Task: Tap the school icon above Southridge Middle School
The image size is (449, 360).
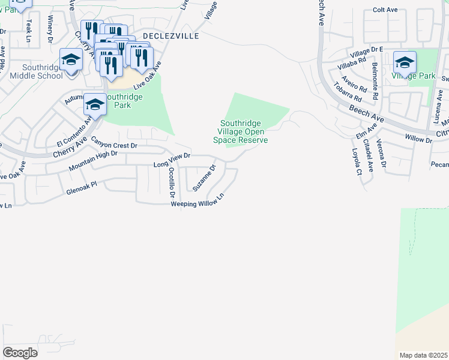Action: [71, 60]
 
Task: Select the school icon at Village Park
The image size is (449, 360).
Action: [405, 62]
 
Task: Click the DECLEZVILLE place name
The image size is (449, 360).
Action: [170, 36]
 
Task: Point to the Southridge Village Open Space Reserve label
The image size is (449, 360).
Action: [241, 131]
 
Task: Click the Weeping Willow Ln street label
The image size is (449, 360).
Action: [197, 200]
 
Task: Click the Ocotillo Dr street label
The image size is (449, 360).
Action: [172, 182]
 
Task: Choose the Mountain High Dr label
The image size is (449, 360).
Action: [92, 160]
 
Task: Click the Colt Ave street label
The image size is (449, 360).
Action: [385, 10]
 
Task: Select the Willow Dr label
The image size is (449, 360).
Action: [418, 139]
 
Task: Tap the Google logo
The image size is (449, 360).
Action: [20, 352]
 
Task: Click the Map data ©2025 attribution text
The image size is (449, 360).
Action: [424, 355]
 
